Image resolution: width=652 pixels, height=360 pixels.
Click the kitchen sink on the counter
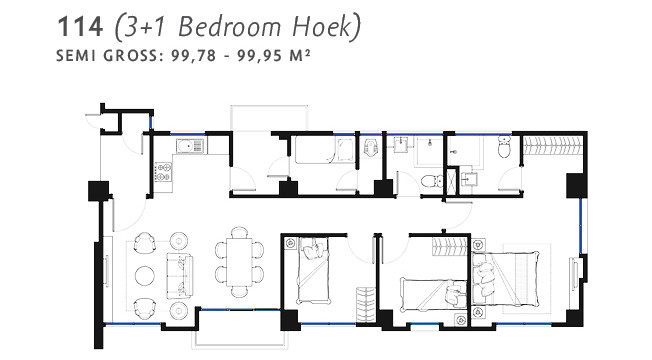click(186, 147)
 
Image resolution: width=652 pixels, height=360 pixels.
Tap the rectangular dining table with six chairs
click(237, 259)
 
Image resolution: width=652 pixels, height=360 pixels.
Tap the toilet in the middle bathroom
click(430, 181)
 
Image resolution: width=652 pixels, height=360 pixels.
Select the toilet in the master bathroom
click(504, 149)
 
